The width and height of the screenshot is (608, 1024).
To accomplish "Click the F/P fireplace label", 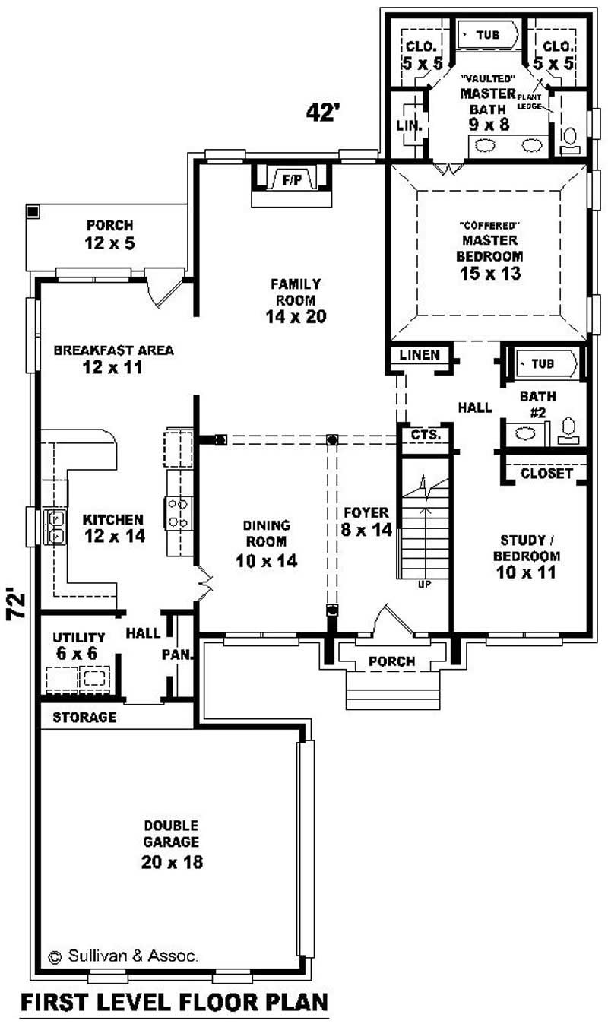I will click(291, 181).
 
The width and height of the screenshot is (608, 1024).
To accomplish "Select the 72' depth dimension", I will click(17, 604).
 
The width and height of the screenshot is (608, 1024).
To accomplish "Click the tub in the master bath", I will click(486, 35).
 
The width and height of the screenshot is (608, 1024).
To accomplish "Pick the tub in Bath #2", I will click(543, 364).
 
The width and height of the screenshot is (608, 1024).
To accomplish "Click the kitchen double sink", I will click(55, 526).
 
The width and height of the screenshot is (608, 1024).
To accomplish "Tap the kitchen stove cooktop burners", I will click(178, 512).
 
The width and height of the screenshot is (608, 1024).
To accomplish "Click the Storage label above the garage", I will click(84, 717).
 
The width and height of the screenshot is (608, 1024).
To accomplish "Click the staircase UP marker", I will click(425, 585).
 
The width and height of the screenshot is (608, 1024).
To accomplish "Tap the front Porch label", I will click(391, 661).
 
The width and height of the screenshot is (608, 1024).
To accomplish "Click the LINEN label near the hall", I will click(419, 354).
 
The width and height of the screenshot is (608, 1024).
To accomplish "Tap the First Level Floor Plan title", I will click(174, 1002).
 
